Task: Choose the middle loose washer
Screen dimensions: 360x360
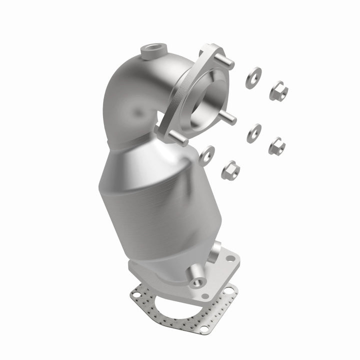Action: coord(253,133)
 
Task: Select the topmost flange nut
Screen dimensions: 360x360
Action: coord(278,90)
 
